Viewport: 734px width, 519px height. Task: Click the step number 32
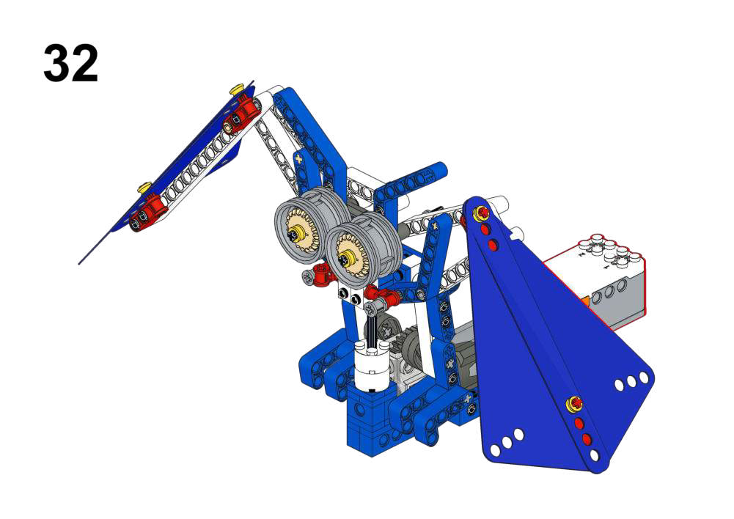70,63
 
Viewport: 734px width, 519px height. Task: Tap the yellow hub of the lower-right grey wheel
348,257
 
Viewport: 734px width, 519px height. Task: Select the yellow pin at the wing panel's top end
237,89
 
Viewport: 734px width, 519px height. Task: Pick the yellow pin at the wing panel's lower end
144,187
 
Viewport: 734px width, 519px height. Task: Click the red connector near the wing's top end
241,114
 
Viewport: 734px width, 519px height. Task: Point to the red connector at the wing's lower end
149,213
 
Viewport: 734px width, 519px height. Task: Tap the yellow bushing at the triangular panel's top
481,213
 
